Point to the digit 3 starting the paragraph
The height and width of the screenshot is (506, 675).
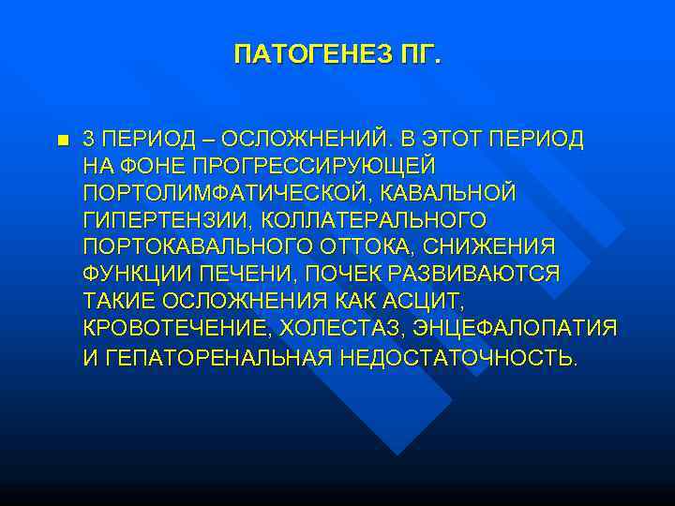pyautogui.click(x=88, y=139)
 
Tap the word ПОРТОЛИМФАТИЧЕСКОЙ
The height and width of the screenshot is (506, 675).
pyautogui.click(x=219, y=193)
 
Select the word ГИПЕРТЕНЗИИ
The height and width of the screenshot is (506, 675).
pyautogui.click(x=167, y=220)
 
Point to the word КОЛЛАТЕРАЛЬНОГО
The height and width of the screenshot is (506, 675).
pyautogui.click(x=374, y=220)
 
